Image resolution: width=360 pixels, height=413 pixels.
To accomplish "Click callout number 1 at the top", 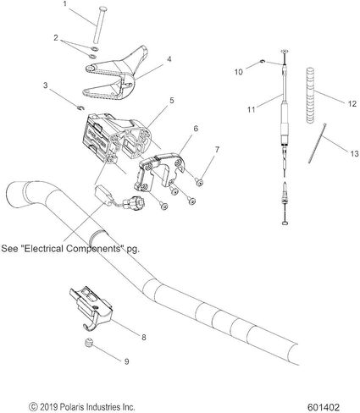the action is click(65, 3).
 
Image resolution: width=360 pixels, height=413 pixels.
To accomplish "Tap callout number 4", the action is click(169, 59).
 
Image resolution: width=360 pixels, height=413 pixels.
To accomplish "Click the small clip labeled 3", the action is click(80, 107).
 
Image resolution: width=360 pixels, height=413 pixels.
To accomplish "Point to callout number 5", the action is click(172, 100).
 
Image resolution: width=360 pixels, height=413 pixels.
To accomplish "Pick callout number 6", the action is click(196, 129).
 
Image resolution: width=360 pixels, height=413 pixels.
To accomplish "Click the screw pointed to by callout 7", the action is click(200, 183).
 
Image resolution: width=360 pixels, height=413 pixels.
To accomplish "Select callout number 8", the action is click(144, 337).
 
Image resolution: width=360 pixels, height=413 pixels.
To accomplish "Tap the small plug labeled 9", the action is click(89, 343).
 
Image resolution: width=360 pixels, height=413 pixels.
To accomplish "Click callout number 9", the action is click(127, 361).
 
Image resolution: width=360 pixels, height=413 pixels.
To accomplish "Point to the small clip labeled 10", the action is click(263, 61).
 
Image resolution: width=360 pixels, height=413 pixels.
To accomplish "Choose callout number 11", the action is click(252, 109).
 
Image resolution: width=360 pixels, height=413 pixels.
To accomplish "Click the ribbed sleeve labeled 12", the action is click(311, 96).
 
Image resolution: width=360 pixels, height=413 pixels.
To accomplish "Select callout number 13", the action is click(355, 154).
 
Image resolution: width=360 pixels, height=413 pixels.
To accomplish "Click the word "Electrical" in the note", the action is click(44, 249).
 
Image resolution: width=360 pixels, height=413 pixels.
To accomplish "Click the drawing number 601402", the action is click(324, 407).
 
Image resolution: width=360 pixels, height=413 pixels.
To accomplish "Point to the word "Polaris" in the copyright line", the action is click(72, 407).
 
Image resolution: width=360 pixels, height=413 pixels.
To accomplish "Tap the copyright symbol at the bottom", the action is click(33, 407).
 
